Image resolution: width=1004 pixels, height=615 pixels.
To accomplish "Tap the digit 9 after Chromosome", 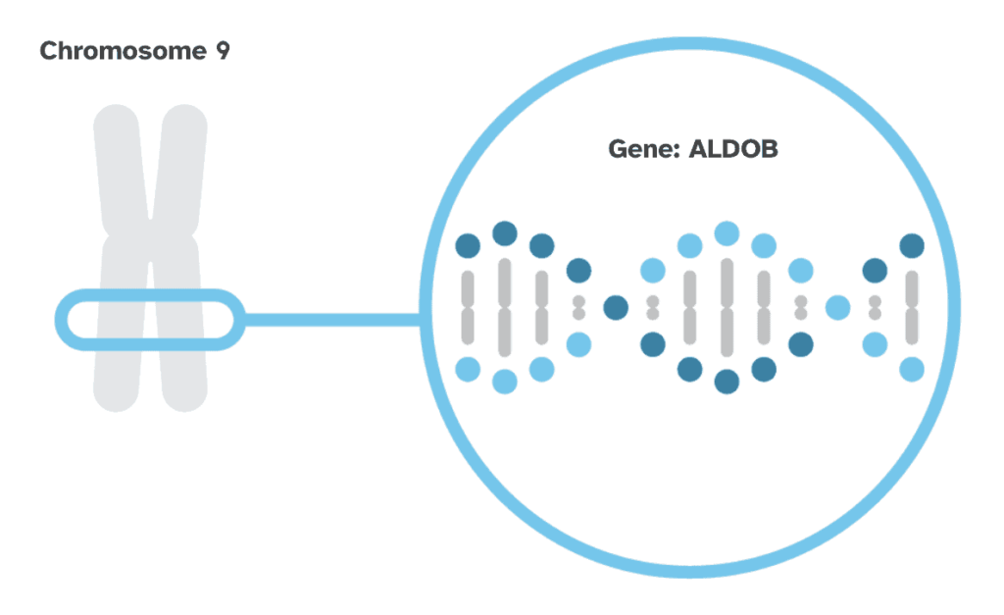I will click(223, 51).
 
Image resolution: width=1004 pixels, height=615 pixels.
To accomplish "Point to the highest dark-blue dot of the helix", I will click(505, 233).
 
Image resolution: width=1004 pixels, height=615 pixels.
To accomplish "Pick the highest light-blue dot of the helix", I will click(727, 233).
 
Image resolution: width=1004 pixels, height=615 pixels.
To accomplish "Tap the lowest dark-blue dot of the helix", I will click(727, 382).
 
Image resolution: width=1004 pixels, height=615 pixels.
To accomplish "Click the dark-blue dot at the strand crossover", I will click(616, 307).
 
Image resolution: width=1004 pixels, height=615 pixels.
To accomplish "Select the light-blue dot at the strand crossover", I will click(837, 307).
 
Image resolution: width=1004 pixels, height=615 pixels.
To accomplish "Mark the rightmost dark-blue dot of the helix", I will click(912, 245).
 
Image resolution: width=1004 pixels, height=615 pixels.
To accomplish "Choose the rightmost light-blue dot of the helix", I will click(912, 369).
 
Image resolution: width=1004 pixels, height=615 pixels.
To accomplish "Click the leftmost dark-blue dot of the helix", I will click(468, 245).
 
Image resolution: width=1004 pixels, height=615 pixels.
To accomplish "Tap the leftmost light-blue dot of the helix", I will click(468, 369).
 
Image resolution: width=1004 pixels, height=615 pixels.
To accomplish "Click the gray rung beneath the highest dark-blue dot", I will click(505, 307).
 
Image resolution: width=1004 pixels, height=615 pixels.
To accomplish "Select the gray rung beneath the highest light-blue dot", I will click(727, 307).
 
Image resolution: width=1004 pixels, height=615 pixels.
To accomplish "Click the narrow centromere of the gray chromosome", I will click(150, 235).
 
